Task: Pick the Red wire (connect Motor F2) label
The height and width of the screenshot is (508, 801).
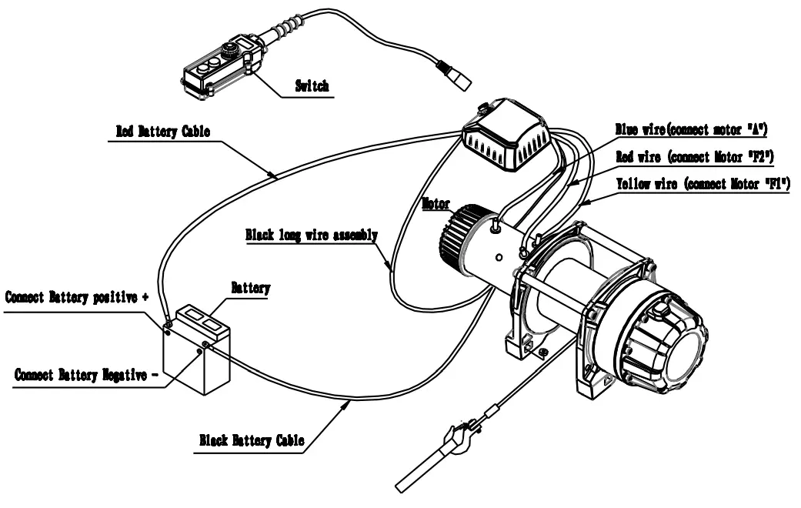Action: [x=696, y=158]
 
